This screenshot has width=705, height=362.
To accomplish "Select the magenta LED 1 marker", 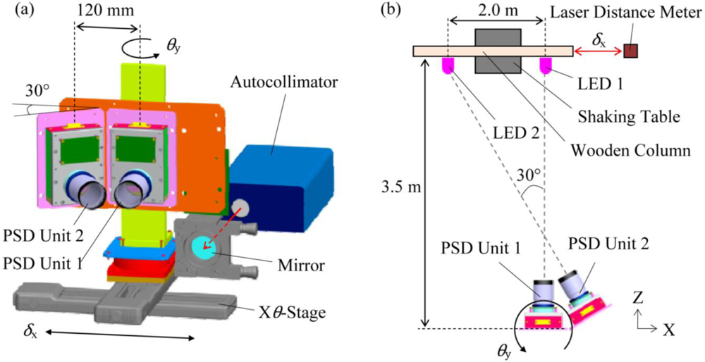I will [x=545, y=65].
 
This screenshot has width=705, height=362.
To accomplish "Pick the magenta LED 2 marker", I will [x=448, y=65].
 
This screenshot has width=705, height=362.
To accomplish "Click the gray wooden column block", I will [x=498, y=51].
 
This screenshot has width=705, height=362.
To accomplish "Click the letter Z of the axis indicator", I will [x=637, y=297].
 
